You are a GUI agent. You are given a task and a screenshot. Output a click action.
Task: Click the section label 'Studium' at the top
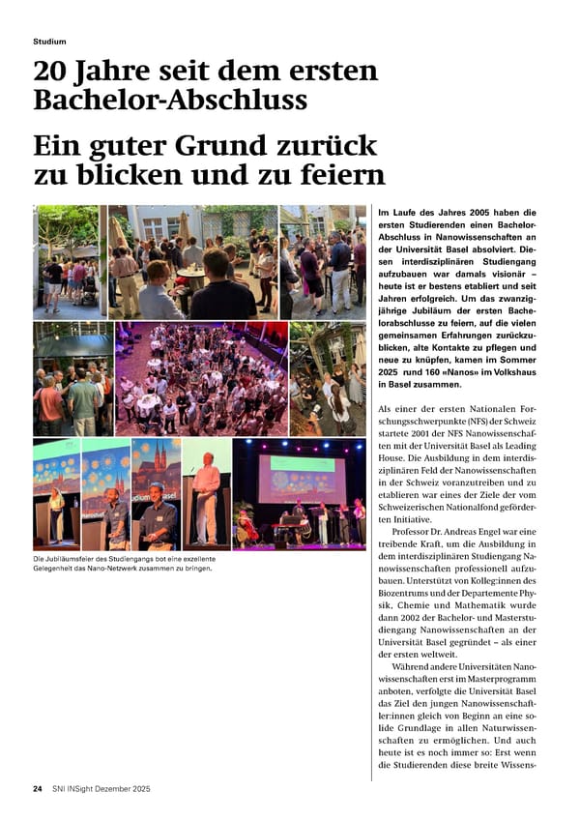point(49,42)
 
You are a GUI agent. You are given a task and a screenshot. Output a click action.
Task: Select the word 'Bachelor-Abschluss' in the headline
point(170,100)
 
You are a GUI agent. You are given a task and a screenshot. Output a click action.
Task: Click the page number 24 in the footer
point(38,789)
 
